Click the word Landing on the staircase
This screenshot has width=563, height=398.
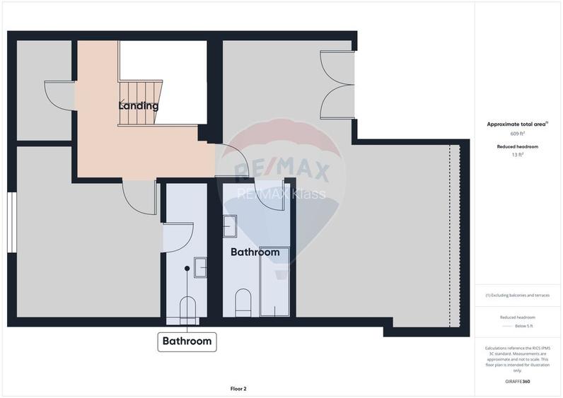pos(138,106)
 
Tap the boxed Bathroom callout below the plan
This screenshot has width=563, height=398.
pos(187,341)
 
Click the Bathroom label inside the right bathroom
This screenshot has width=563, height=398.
pos(255,252)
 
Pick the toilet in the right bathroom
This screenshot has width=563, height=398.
pos(242,300)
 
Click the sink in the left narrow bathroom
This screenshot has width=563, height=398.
pos(200,267)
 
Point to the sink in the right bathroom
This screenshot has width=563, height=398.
pos(230,226)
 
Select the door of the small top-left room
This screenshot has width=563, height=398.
pos(58,96)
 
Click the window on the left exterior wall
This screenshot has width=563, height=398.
pos(11,221)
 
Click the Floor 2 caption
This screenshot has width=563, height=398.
pos(238,388)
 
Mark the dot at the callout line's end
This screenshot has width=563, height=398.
pos(187,269)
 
